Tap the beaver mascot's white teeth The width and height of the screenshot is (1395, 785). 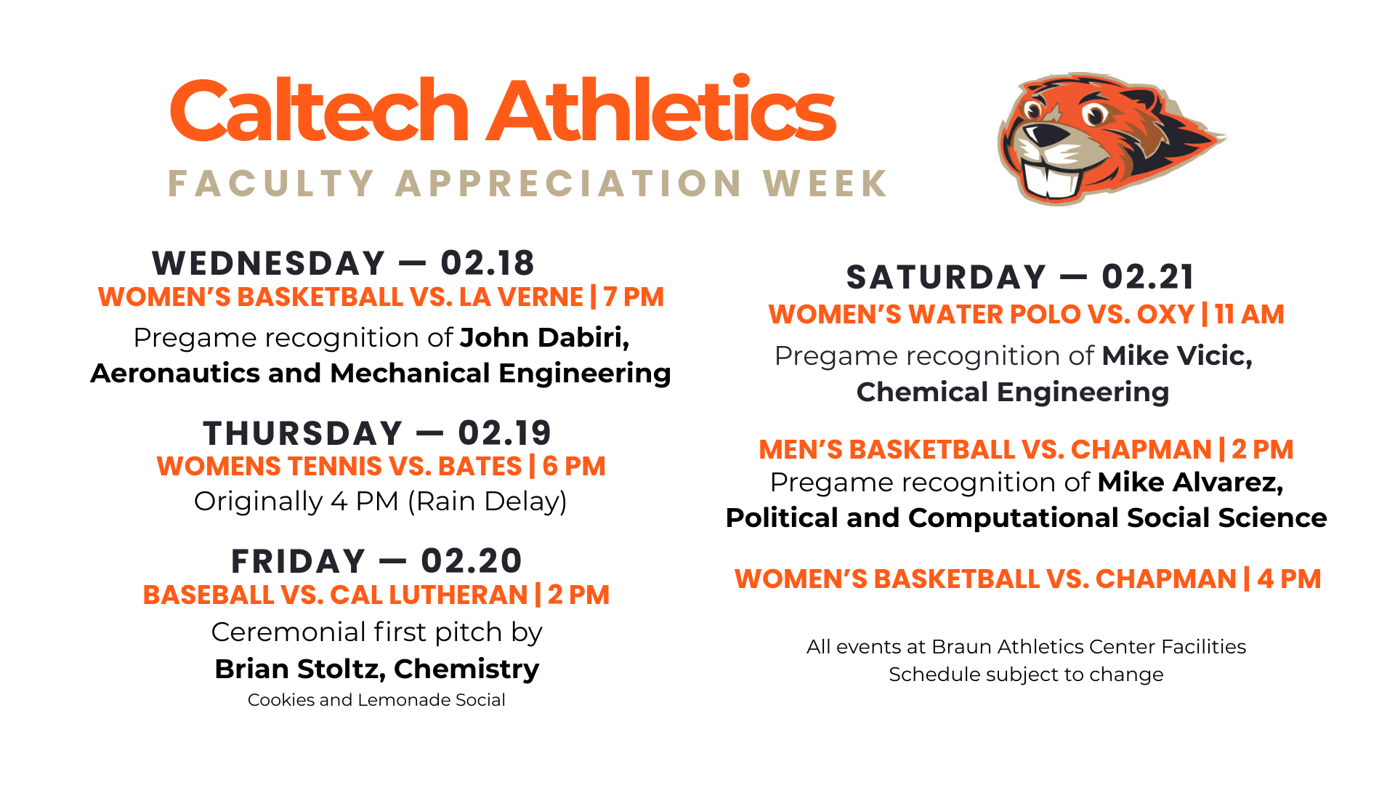pyautogui.click(x=1051, y=179)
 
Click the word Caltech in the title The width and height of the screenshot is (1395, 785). pyautogui.click(x=320, y=110)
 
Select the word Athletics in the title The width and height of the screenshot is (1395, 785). pyautogui.click(x=661, y=110)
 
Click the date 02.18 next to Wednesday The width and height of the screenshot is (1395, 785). pyautogui.click(x=488, y=263)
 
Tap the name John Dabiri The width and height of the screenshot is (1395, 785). pyautogui.click(x=544, y=338)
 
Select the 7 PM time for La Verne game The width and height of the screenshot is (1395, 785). pyautogui.click(x=634, y=297)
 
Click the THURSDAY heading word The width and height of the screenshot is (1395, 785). pyautogui.click(x=302, y=434)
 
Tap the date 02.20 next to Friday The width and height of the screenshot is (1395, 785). pyautogui.click(x=472, y=561)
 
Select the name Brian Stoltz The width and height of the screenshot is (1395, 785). pyautogui.click(x=299, y=669)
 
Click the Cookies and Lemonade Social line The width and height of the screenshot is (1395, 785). pyautogui.click(x=376, y=700)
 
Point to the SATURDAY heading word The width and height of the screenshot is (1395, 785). pyautogui.click(x=946, y=278)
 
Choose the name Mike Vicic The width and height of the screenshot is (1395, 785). pyautogui.click(x=1176, y=356)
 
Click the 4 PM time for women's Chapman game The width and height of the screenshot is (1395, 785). pyautogui.click(x=1289, y=579)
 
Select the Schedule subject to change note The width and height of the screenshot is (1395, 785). pyautogui.click(x=1026, y=675)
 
